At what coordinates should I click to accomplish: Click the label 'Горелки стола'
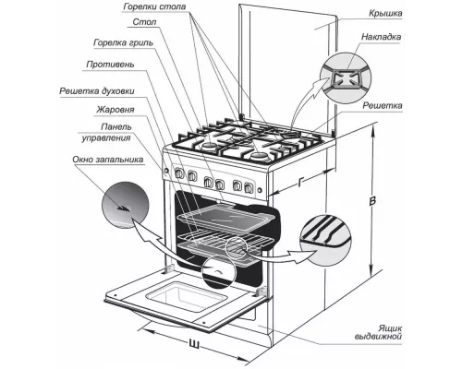154,6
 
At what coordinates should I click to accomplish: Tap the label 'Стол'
144,22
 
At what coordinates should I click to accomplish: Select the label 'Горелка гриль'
123,42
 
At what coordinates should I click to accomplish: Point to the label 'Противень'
110,65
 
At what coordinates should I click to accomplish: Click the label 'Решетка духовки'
97,91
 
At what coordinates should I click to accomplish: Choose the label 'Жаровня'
115,110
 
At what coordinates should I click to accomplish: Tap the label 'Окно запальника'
108,160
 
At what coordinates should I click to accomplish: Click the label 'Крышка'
385,14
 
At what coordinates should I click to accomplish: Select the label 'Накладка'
382,37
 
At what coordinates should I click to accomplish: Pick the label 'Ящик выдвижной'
379,332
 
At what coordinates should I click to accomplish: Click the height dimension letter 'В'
372,201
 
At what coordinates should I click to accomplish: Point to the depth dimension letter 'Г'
300,182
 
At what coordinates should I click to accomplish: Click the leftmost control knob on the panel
179,174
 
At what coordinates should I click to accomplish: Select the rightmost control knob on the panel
249,187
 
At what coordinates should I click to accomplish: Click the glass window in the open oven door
186,295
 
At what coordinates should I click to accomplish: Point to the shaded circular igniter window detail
126,205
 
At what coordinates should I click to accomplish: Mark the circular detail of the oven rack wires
326,241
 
